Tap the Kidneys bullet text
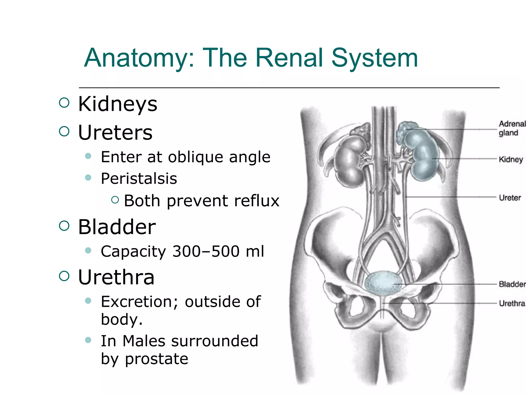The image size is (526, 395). coord(118,104)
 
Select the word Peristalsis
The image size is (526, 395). coord(139,178)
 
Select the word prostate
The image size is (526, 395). coord(156,358)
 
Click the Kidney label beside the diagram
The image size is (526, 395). coord(511,159)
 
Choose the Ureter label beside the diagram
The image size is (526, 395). coord(510,198)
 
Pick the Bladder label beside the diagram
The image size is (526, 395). coord(512,284)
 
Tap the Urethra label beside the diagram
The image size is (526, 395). coord(512,303)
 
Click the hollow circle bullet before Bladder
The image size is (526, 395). coord(64,226)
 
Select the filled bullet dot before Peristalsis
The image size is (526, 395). coord(88,177)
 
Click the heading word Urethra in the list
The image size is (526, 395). coord(116,277)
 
